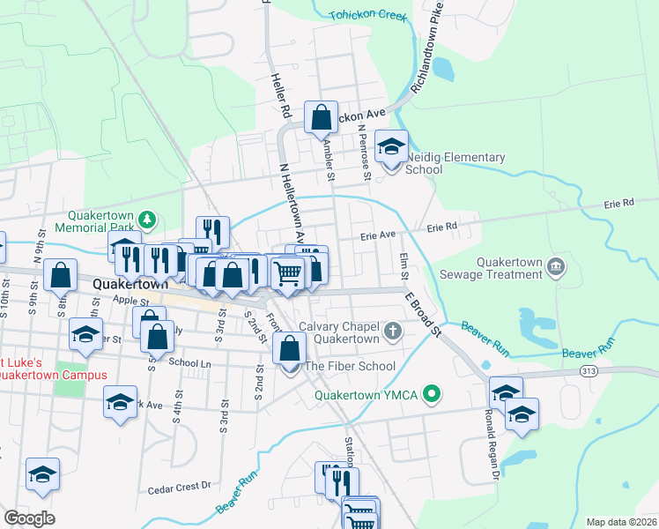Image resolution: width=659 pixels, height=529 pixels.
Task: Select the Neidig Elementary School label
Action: pos(455,163)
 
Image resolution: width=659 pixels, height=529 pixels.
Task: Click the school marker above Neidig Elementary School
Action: pos(391,146)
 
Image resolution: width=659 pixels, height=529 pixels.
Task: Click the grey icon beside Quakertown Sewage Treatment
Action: pos(555,265)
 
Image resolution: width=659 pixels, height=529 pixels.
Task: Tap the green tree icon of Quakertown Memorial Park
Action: pos(150,218)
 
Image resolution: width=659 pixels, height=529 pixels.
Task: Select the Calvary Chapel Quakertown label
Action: pos(338,332)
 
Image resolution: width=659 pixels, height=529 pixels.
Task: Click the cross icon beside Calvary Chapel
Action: pos(394,332)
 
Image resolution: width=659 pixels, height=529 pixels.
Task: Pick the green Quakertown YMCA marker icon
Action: pos(431,394)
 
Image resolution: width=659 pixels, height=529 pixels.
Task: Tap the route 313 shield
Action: pos(589,371)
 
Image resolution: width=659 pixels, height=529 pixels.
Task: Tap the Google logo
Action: pos(28,518)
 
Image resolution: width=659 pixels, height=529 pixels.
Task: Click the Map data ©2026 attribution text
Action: pos(621,522)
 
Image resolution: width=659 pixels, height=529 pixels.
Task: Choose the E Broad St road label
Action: pos(423,314)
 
